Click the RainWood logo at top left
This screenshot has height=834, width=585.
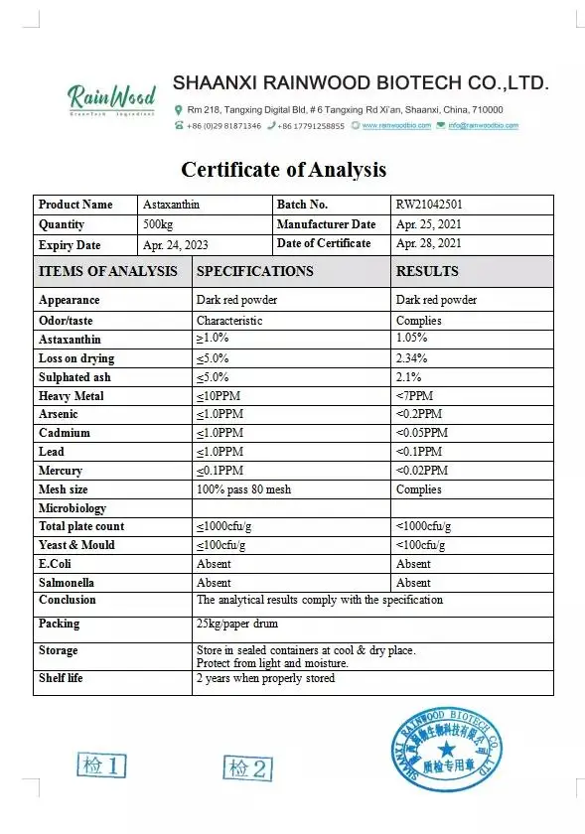pyautogui.click(x=111, y=98)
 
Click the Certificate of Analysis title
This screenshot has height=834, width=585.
pyautogui.click(x=283, y=169)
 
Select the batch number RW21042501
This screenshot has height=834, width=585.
pyautogui.click(x=429, y=205)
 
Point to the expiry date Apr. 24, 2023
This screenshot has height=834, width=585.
pyautogui.click(x=176, y=244)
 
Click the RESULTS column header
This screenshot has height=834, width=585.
pyautogui.click(x=427, y=271)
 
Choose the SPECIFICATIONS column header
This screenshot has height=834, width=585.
pyautogui.click(x=254, y=271)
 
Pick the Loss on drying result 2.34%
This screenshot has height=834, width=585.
pyautogui.click(x=411, y=358)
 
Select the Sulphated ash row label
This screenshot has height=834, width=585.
pyautogui.click(x=74, y=377)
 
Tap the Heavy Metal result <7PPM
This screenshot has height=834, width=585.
pyautogui.click(x=414, y=396)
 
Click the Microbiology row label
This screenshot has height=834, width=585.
pyautogui.click(x=72, y=507)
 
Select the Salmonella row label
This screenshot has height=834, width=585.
pyautogui.click(x=66, y=583)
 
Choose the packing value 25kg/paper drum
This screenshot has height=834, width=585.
pyautogui.click(x=237, y=624)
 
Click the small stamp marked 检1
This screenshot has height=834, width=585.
pyautogui.click(x=102, y=764)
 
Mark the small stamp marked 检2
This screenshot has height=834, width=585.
pyautogui.click(x=247, y=766)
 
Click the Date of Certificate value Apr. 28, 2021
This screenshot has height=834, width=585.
pyautogui.click(x=428, y=243)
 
